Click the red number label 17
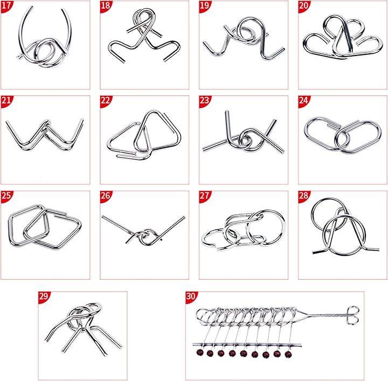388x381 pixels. [6, 5]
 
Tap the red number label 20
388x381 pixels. [303, 5]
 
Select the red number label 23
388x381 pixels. [204, 101]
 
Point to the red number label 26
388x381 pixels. [106, 196]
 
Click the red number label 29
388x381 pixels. [44, 297]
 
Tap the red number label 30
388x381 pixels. [191, 297]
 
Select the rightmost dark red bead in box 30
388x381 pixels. [288, 355]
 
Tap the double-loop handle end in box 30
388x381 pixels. [353, 315]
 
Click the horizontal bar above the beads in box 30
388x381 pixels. [247, 345]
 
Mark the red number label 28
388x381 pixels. [303, 196]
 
